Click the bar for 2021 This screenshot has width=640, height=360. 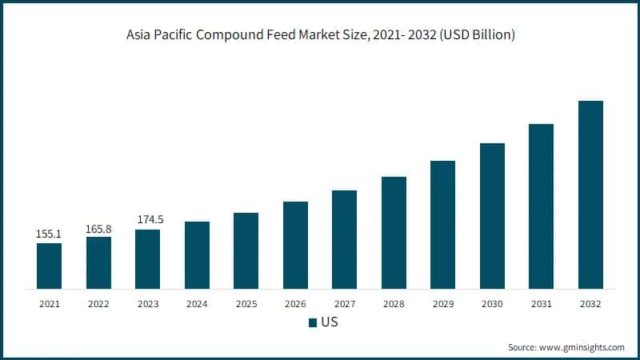pos(49,266)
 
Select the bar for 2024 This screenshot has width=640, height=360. pos(197,254)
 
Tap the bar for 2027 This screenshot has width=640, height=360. pos(344,239)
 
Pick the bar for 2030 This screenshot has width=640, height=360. pos(492,215)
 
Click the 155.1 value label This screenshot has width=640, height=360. pos(49,234)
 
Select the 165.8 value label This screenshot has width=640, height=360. pos(98,229)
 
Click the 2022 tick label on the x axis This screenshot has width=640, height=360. pos(98,304)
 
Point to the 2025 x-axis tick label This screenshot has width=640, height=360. pos(246,304)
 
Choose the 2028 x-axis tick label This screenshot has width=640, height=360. pos(394,304)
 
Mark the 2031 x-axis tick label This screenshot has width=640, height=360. pos(541,304)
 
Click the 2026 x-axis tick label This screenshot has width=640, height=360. pos(295,304)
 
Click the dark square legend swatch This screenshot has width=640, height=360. pos(313,323)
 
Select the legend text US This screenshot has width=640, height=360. pos(329,323)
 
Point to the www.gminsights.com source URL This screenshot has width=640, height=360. pos(582,347)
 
